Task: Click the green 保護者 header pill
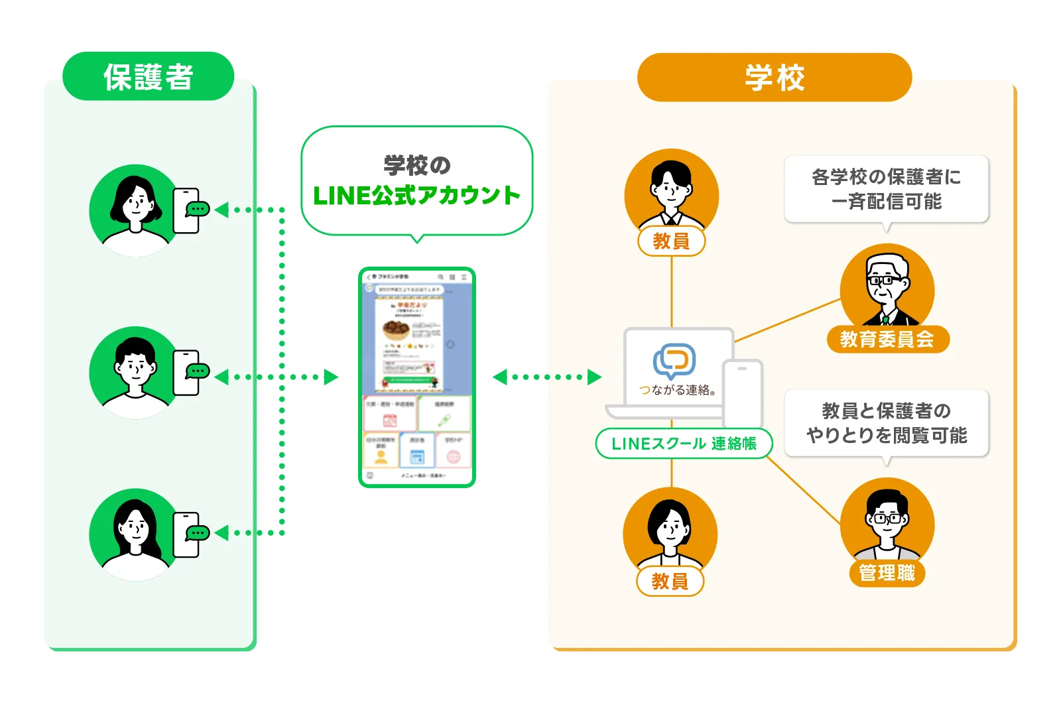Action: (x=148, y=77)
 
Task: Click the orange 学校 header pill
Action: (x=774, y=78)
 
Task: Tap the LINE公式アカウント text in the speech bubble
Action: (x=416, y=196)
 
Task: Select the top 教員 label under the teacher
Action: (x=671, y=241)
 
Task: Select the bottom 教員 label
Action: (x=670, y=582)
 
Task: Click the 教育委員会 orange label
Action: (x=887, y=339)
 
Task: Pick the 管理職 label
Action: (x=887, y=573)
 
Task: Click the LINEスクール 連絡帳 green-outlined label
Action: (x=684, y=444)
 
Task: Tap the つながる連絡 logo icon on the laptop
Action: (x=674, y=360)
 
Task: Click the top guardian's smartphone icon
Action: (x=186, y=210)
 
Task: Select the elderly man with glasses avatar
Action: (x=887, y=287)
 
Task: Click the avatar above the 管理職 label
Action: (x=887, y=521)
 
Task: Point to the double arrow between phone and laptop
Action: (x=546, y=377)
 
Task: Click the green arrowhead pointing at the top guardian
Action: (x=222, y=210)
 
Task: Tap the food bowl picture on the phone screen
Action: (x=395, y=330)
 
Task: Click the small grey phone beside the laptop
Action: (x=743, y=395)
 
